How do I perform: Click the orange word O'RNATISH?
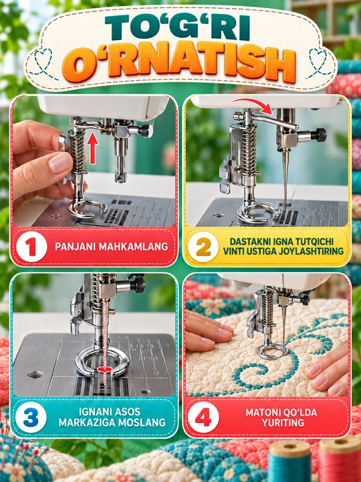(x=179, y=65)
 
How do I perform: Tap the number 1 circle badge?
(x=31, y=246)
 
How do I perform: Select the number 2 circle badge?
(x=203, y=246)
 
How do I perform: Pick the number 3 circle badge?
(x=31, y=417)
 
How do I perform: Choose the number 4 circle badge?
(x=203, y=417)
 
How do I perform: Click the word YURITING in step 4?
(x=283, y=422)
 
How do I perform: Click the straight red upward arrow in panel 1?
(x=92, y=148)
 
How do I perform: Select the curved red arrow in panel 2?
(x=252, y=104)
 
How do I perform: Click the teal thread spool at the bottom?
(x=289, y=461)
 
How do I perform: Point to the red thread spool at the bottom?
(x=340, y=459)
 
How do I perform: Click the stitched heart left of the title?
(x=43, y=62)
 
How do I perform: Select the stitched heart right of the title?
(x=320, y=62)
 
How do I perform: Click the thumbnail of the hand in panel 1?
(x=60, y=163)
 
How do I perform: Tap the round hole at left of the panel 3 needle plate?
(x=35, y=375)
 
